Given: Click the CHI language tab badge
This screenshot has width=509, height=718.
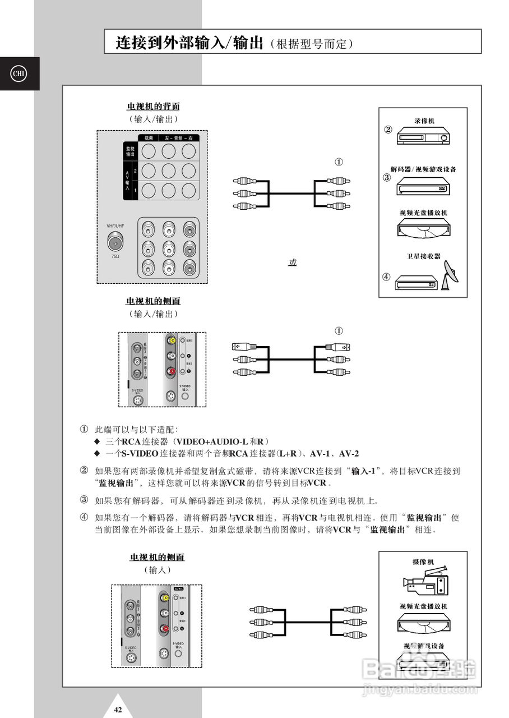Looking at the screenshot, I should pyautogui.click(x=19, y=73).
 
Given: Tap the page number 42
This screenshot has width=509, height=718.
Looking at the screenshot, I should pyautogui.click(x=118, y=710).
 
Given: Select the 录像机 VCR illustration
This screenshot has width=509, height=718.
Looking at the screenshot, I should pyautogui.click(x=423, y=136).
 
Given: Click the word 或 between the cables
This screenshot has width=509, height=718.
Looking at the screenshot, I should pyautogui.click(x=292, y=263).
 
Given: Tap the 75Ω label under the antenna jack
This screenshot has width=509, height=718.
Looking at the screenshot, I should pyautogui.click(x=115, y=256).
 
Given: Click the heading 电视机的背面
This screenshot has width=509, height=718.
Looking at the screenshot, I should pyautogui.click(x=153, y=107).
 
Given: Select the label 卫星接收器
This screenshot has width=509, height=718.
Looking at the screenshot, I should pyautogui.click(x=423, y=256).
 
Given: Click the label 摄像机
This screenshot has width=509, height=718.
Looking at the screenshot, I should pyautogui.click(x=423, y=561).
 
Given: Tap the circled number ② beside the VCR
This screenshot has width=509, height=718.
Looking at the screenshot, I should pyautogui.click(x=387, y=130).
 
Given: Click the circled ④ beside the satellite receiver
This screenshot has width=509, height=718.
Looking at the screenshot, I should pyautogui.click(x=386, y=277).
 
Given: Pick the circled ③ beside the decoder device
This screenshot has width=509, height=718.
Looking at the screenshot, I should pyautogui.click(x=386, y=178).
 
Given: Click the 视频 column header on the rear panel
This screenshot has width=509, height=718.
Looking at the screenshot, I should pyautogui.click(x=149, y=138).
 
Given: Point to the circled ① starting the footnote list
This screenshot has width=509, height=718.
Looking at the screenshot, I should pyautogui.click(x=84, y=429).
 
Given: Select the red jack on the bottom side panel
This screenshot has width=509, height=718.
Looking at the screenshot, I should pyautogui.click(x=164, y=629).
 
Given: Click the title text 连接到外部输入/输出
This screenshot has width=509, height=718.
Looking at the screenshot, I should pyautogui.click(x=189, y=43).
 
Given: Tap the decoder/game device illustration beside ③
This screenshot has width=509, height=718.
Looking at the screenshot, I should pyautogui.click(x=423, y=187).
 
